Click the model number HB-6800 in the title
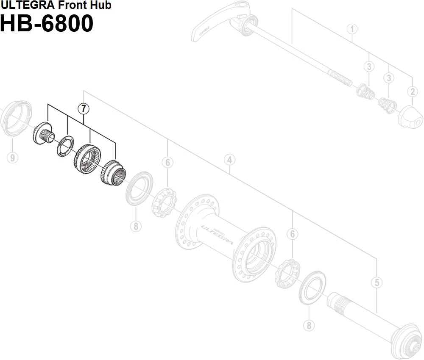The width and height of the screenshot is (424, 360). [46, 24]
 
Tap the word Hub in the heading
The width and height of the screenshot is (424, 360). [101, 5]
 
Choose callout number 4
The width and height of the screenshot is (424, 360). [229, 160]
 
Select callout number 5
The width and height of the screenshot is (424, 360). [376, 282]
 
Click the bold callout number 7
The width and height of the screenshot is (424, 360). [83, 109]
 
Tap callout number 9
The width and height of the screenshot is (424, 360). [12, 158]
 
